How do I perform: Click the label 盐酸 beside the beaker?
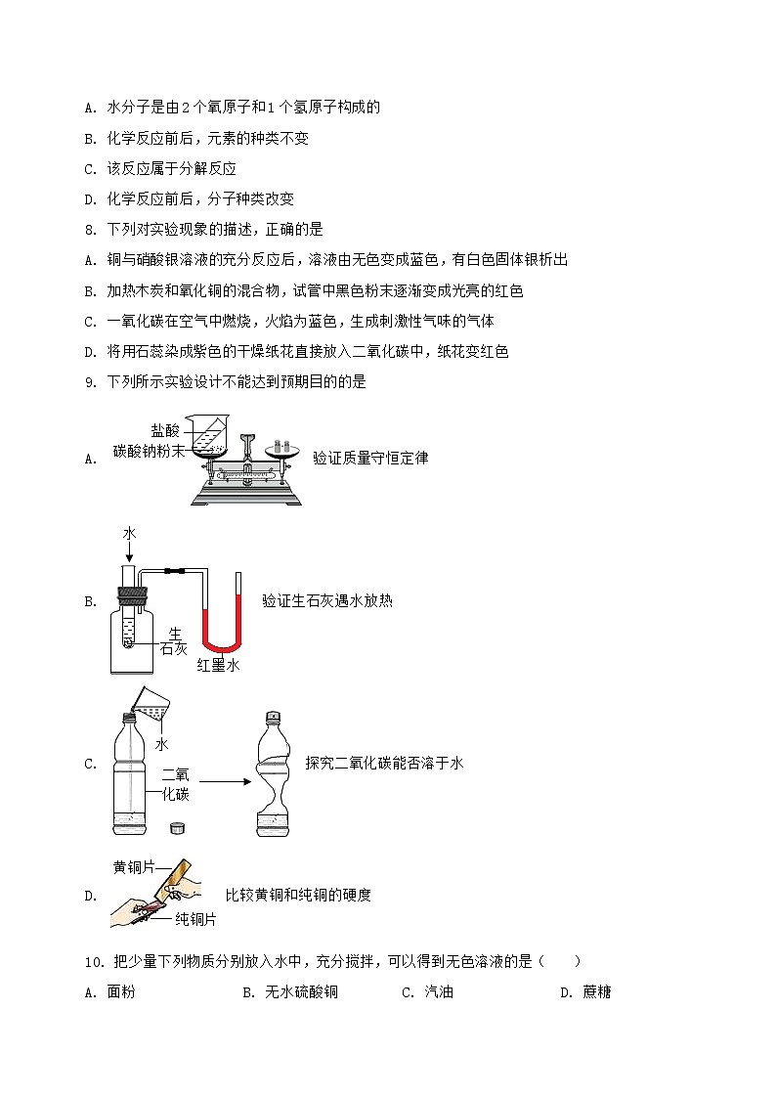(x=165, y=430)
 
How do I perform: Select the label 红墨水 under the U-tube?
(x=218, y=665)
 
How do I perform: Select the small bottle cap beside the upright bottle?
(x=177, y=827)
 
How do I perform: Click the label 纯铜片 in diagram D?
(x=195, y=919)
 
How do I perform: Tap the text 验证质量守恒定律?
(x=370, y=458)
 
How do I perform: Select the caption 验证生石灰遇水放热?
(x=327, y=601)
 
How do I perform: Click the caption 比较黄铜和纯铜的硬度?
(x=298, y=895)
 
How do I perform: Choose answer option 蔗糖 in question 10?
(x=596, y=992)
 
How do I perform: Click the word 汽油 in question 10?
(x=439, y=992)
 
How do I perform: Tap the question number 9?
(x=89, y=382)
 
